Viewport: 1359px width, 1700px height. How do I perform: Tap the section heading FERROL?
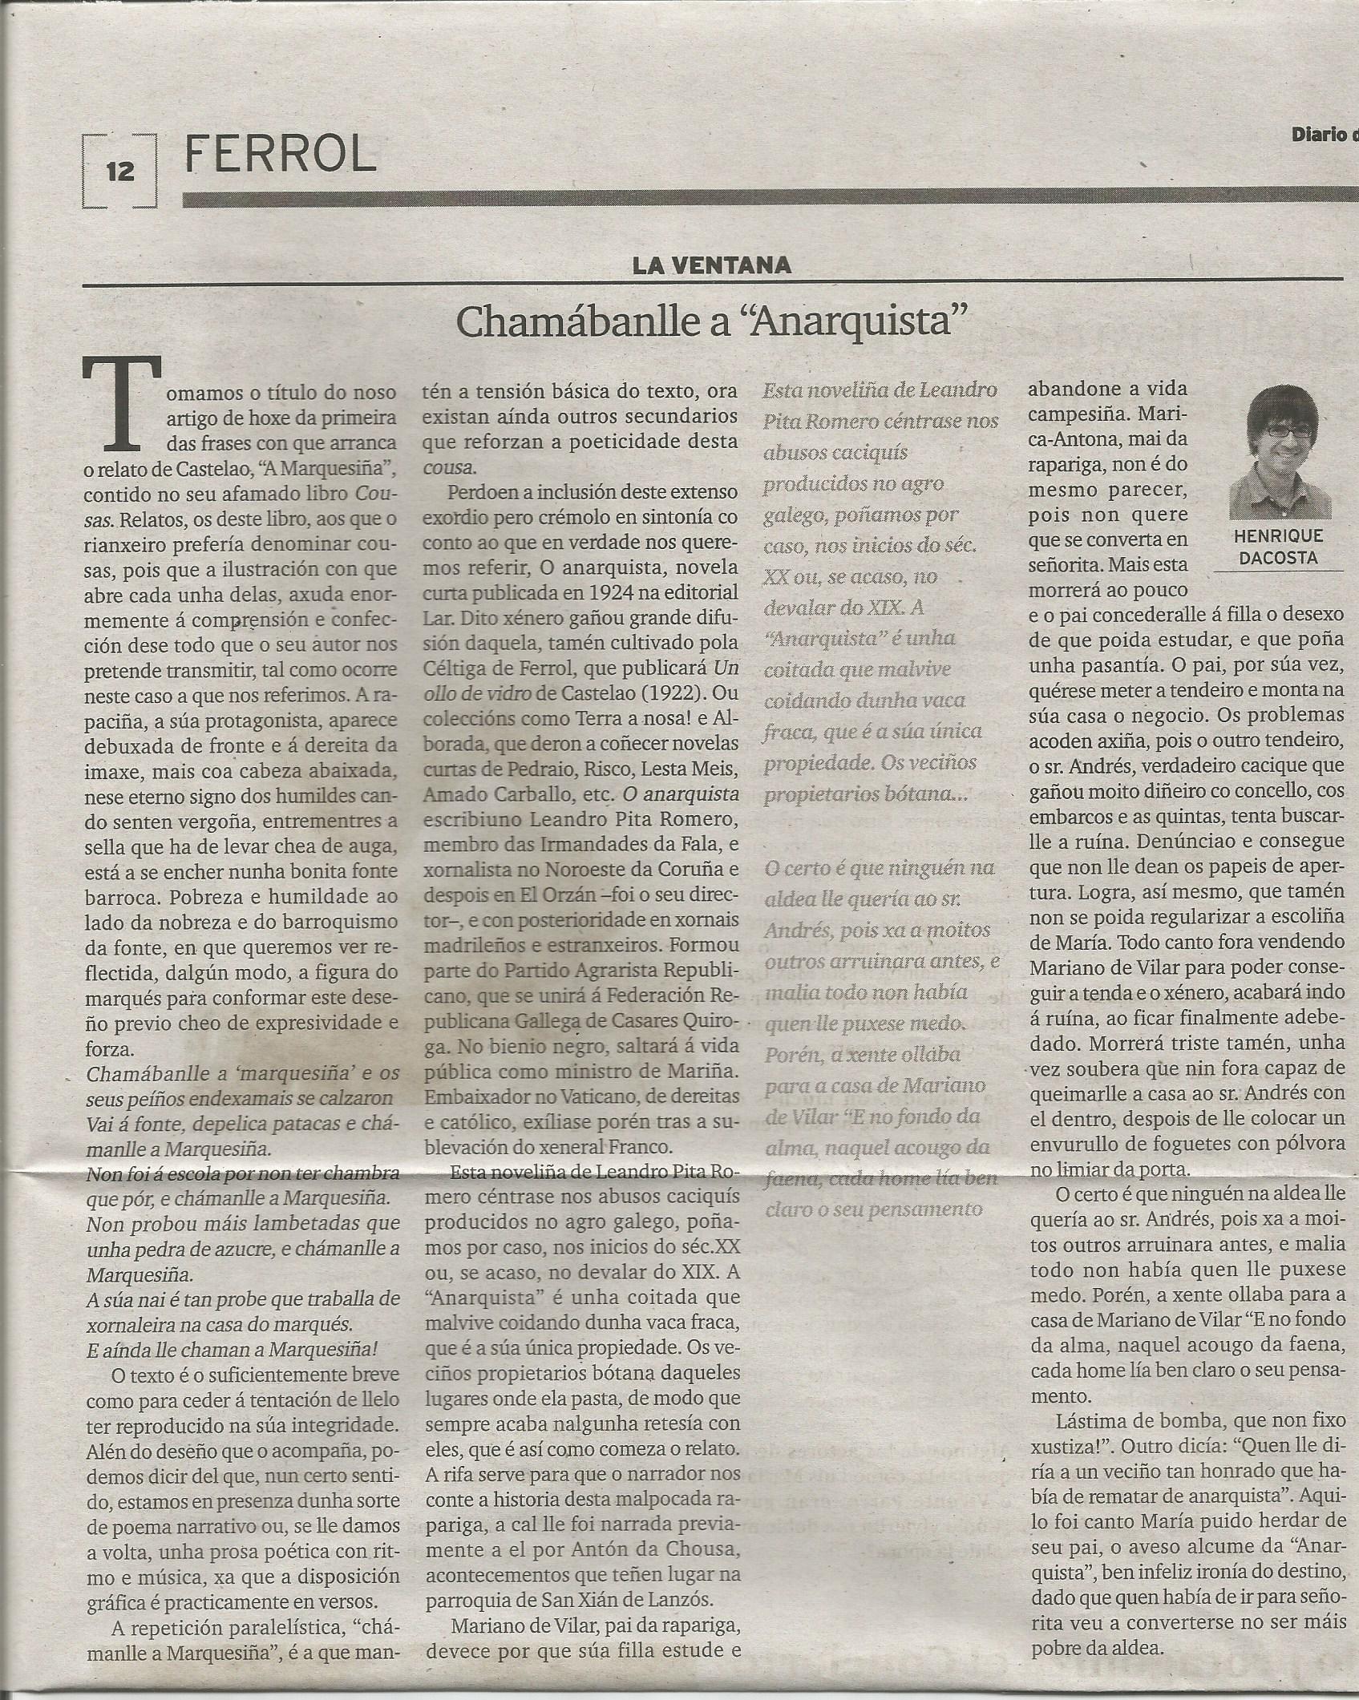pyautogui.click(x=280, y=151)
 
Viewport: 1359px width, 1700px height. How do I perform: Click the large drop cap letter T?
pyautogui.click(x=122, y=406)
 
